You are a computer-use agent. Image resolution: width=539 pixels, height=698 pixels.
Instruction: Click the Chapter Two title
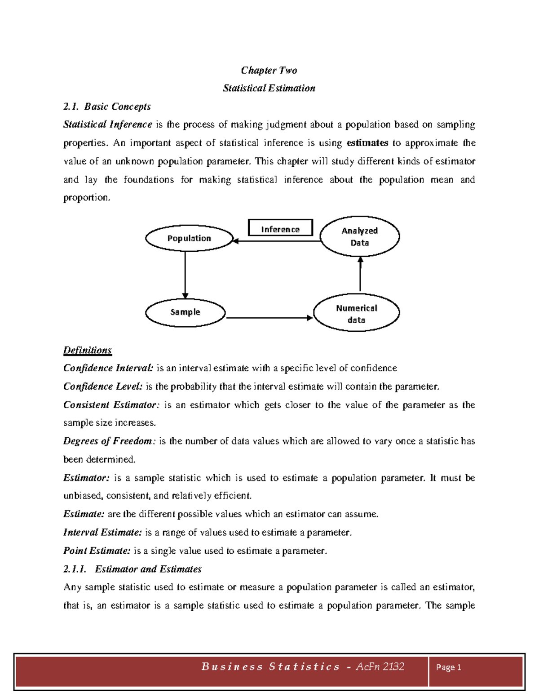click(x=269, y=70)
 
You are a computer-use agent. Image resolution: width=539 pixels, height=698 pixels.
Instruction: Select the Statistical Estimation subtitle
click(x=269, y=88)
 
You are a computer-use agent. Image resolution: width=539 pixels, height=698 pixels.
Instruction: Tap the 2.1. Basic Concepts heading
click(x=107, y=107)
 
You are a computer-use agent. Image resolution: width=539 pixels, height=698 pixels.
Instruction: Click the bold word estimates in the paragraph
click(x=367, y=143)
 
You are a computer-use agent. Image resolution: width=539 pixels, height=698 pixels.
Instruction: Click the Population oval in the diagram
click(x=189, y=238)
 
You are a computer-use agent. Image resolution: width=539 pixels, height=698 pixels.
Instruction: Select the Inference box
click(x=280, y=228)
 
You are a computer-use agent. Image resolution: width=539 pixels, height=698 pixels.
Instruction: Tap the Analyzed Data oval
click(x=359, y=236)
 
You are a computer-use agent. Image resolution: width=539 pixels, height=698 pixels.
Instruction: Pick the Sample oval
click(x=185, y=312)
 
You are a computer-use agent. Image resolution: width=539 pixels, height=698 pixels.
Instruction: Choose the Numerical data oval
click(x=356, y=313)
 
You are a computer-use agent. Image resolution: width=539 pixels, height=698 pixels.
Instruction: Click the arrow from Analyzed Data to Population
click(x=277, y=241)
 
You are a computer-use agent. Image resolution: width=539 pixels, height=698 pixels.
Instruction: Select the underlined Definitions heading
click(x=87, y=350)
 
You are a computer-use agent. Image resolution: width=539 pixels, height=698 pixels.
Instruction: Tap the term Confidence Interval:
click(x=108, y=368)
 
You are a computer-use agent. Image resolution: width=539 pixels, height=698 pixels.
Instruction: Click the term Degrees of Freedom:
click(x=109, y=441)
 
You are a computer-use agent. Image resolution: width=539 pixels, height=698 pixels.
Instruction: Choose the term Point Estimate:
click(x=97, y=551)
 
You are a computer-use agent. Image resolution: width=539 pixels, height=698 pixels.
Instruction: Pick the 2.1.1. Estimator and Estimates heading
click(x=132, y=569)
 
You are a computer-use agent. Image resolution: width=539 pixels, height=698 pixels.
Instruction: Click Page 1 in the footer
click(x=448, y=667)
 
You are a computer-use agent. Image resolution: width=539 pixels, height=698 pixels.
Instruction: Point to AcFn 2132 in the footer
click(x=380, y=667)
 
